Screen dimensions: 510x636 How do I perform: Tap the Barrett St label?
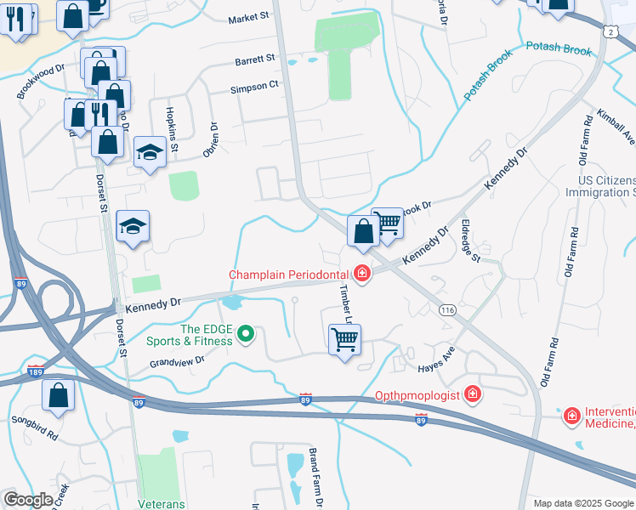tap(256, 59)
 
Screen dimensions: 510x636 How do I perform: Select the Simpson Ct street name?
tap(254, 87)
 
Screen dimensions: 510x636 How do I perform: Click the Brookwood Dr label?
tap(40, 81)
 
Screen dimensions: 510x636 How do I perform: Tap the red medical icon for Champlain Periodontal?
tap(362, 274)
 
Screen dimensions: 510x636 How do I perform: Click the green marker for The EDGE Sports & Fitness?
tap(246, 334)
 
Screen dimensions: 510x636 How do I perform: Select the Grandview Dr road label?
tap(178, 360)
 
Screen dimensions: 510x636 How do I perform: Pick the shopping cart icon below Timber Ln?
tap(344, 339)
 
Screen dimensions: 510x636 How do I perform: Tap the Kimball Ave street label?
tap(615, 126)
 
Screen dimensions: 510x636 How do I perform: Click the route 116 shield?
tap(447, 311)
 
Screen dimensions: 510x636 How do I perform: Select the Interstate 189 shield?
tap(36, 371)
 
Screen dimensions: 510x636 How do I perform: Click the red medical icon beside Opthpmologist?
tap(473, 395)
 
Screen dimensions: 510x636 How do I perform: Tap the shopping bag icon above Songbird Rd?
tap(58, 394)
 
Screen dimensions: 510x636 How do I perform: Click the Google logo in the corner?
tap(28, 500)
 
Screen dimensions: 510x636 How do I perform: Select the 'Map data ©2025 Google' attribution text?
tap(583, 503)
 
